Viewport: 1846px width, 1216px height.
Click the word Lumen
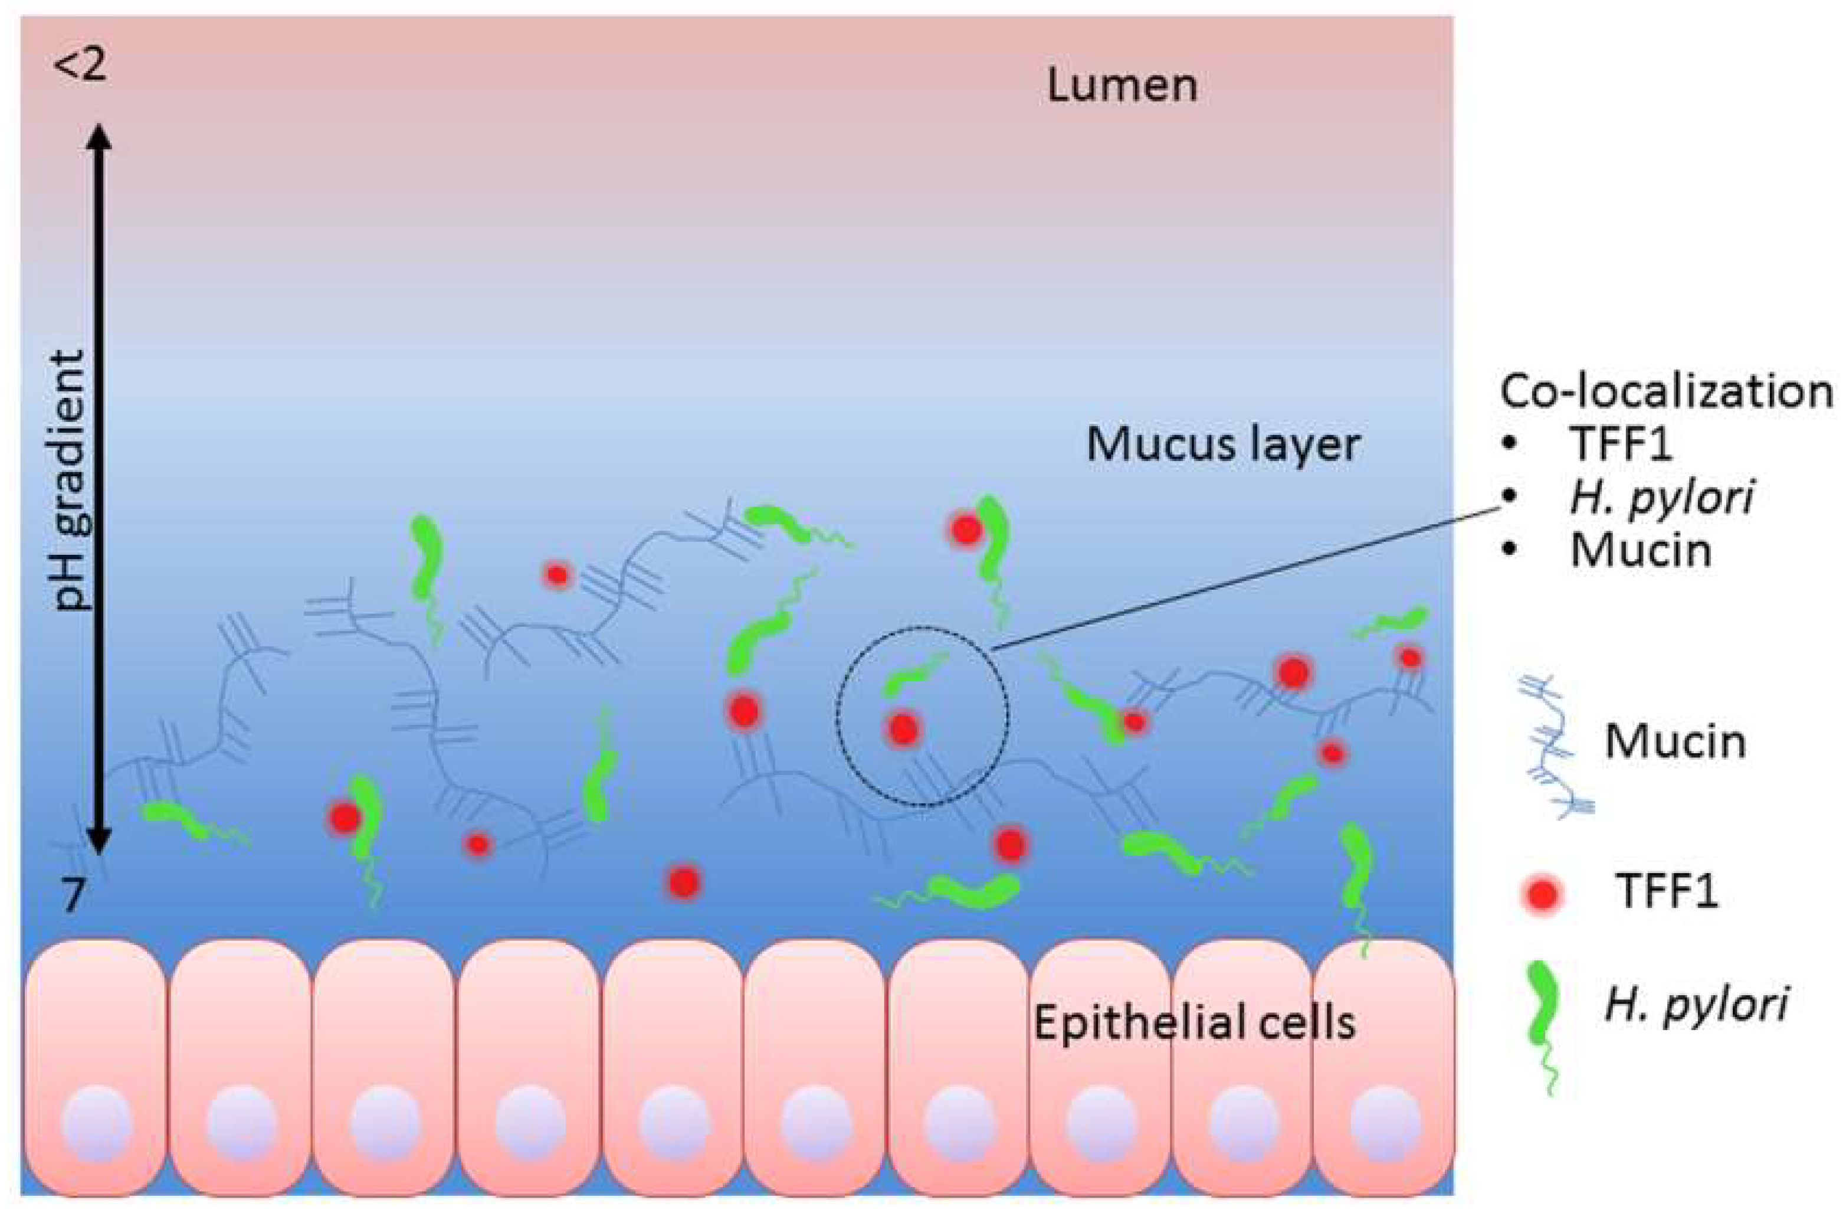tap(1122, 86)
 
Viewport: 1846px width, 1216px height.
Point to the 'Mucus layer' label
tap(1222, 446)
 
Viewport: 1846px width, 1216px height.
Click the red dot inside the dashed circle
tap(903, 728)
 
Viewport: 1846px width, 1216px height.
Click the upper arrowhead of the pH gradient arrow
tap(99, 138)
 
